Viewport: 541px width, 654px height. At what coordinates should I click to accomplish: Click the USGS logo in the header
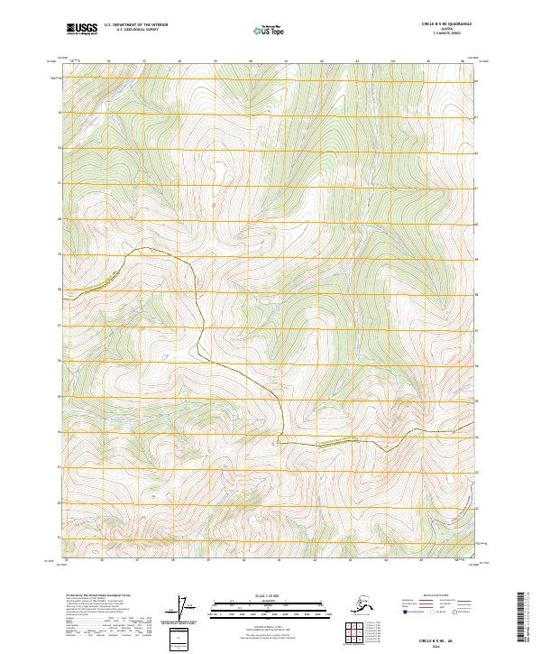point(82,28)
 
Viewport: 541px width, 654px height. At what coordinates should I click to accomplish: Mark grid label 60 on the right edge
point(477,253)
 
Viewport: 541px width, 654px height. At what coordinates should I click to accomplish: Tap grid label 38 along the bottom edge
point(179,560)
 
